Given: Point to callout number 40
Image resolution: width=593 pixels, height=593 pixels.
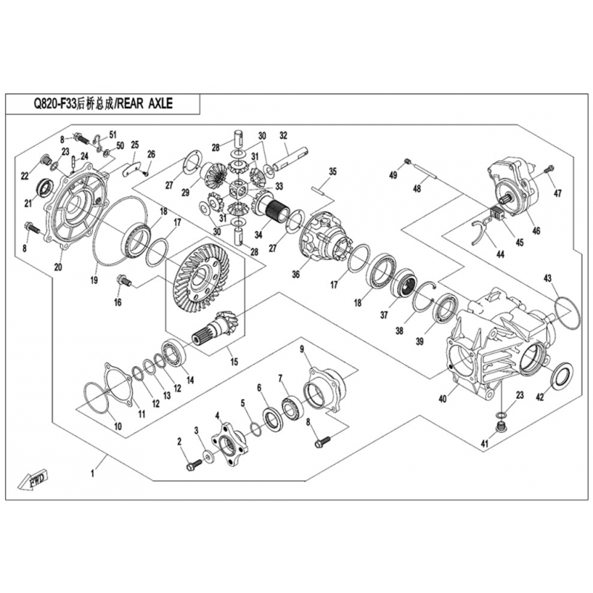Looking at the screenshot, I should click(443, 399).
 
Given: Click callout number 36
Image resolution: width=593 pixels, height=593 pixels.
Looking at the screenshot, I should click(295, 274).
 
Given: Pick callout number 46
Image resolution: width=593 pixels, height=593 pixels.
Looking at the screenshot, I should click(535, 231).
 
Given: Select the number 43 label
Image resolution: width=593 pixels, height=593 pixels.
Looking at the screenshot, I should click(548, 278).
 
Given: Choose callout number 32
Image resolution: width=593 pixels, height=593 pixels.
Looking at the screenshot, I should click(283, 136).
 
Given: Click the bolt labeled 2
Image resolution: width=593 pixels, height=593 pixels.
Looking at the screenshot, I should click(192, 465).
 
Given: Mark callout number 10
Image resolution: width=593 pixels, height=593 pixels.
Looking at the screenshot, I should click(117, 425).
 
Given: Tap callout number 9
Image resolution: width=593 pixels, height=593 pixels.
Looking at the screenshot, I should click(302, 348).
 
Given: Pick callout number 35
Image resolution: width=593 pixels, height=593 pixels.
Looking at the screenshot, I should click(333, 172).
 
